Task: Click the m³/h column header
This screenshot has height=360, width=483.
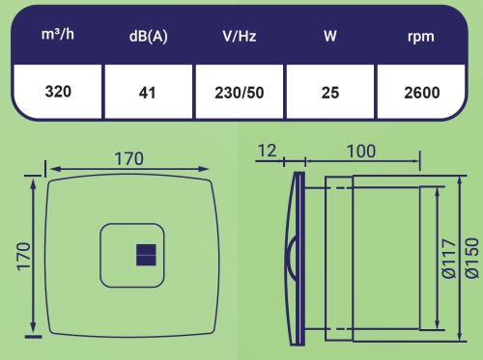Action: coord(58,34)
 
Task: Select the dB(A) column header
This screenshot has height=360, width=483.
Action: coord(148,36)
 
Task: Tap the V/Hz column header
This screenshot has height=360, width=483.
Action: coord(240,36)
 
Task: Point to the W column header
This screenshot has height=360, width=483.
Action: coord(330,36)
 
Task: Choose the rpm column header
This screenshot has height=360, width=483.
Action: coord(421,37)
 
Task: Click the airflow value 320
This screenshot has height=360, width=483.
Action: coord(58,92)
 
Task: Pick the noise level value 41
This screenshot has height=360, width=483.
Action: coord(147,93)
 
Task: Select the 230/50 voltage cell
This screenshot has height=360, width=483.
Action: coord(240,93)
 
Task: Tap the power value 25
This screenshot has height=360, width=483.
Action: coord(330,93)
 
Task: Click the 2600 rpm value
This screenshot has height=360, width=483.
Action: coord(422,93)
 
